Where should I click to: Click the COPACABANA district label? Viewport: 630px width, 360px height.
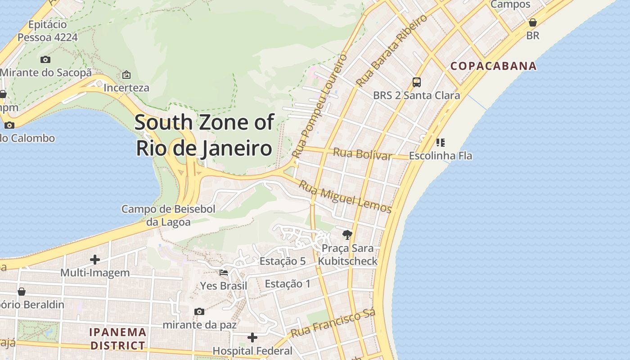(494, 66)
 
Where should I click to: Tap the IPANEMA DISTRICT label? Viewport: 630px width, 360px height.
(118, 339)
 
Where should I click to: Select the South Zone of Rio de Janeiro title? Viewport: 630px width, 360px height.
(204, 135)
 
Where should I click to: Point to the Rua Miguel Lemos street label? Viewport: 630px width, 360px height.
(345, 197)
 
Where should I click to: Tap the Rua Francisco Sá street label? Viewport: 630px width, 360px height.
(333, 324)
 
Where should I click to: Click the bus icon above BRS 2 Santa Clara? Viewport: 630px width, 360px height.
(417, 82)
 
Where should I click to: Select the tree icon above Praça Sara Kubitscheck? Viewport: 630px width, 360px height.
(347, 234)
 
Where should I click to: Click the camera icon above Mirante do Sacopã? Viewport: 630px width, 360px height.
(45, 59)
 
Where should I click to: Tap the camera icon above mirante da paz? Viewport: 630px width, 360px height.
(199, 311)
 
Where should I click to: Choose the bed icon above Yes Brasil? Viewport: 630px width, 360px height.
(224, 272)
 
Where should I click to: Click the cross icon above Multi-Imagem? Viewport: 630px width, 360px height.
(95, 260)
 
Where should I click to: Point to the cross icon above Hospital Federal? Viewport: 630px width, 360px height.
(252, 337)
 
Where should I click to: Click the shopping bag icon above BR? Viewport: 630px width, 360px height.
(533, 22)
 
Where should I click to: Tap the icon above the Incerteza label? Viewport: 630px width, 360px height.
(126, 75)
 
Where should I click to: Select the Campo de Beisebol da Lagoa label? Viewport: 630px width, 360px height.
(168, 215)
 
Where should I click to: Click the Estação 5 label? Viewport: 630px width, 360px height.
(283, 261)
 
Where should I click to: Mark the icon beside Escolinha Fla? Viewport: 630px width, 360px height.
(440, 143)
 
